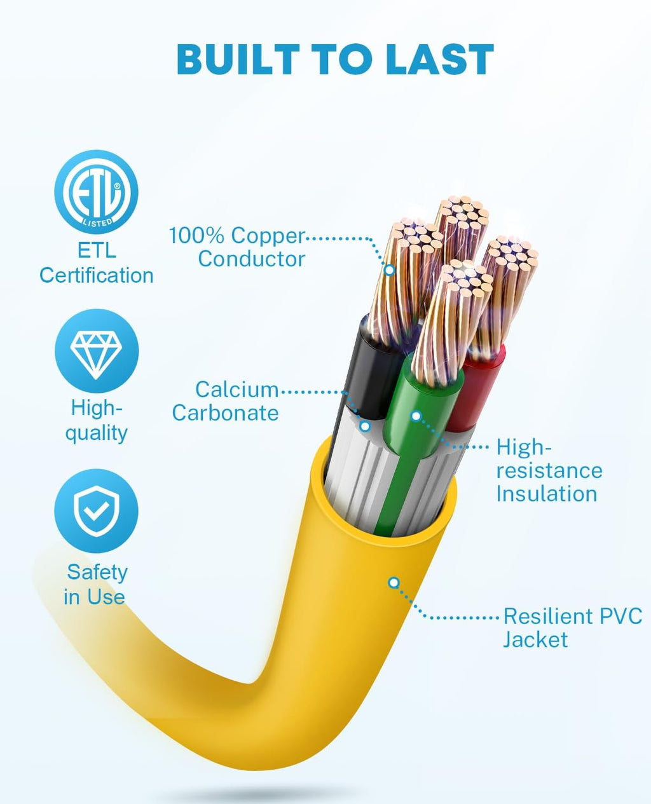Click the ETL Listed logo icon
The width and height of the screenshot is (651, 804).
96,192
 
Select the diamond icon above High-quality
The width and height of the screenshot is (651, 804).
96,351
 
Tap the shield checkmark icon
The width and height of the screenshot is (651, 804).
96,511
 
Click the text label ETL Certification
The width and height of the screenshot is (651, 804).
97,263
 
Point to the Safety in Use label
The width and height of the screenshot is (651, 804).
96,585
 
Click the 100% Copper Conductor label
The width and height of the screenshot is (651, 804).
237,247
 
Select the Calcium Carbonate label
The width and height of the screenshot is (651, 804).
226,401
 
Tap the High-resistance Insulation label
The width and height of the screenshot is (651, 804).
549,470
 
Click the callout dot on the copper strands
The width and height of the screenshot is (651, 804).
390,270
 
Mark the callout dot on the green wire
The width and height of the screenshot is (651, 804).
416,416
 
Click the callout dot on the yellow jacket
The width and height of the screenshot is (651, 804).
394,582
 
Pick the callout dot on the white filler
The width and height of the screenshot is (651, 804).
365,426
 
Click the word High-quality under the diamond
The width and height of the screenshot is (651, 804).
97,420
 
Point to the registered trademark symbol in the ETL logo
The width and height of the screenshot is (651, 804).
117,186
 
